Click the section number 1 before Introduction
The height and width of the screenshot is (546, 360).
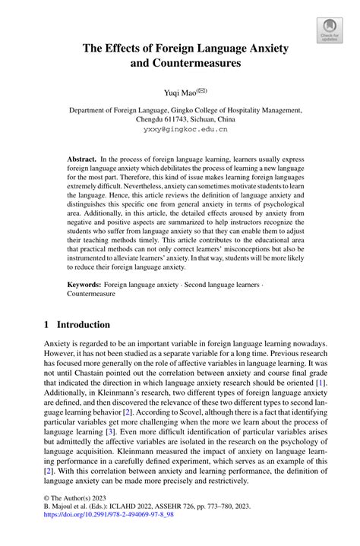coord(47,324)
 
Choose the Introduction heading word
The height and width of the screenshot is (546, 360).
coord(85,324)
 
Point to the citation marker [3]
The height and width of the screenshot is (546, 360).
coord(120,431)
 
